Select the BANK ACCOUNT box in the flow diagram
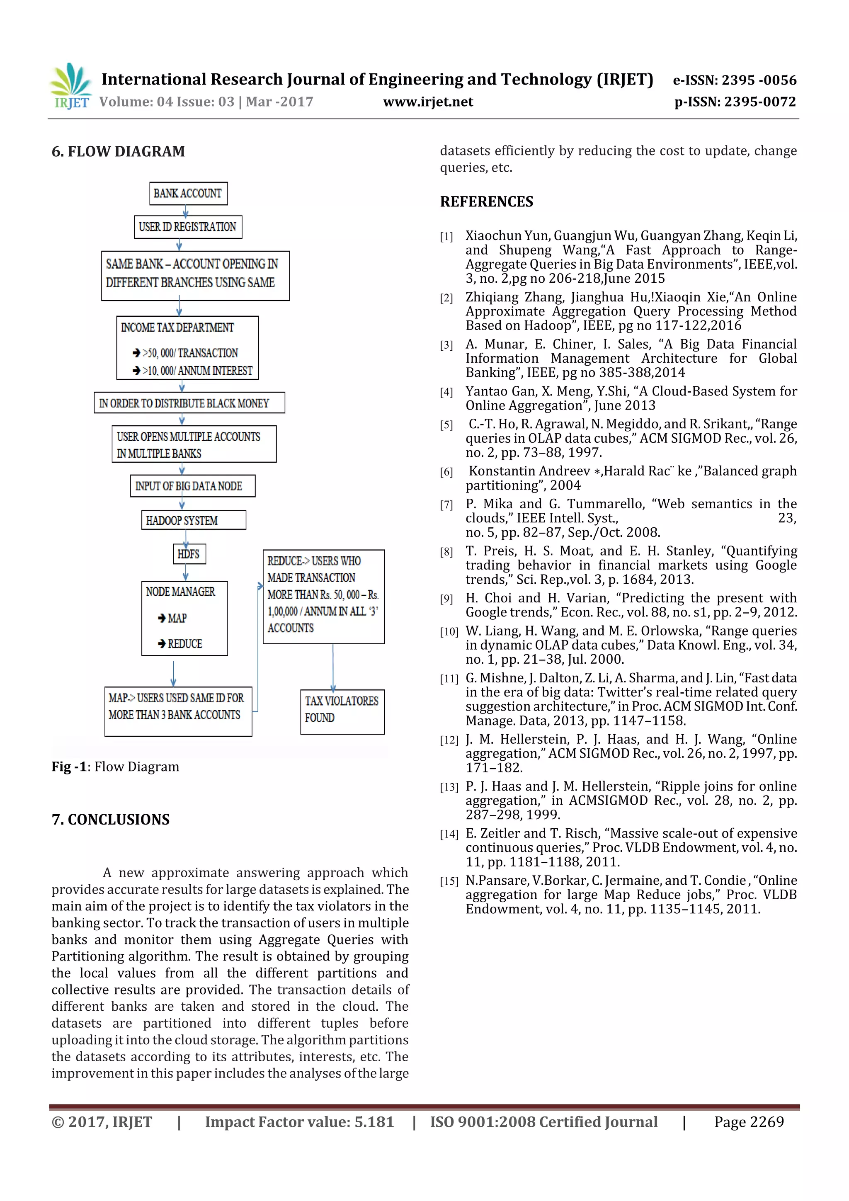(188, 194)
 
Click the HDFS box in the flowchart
(189, 554)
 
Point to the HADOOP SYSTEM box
(193, 520)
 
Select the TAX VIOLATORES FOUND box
(342, 711)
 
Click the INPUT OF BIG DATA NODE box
(192, 486)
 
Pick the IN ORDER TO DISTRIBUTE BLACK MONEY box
(189, 403)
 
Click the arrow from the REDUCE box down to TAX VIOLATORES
(333, 667)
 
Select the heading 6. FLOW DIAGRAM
(118, 152)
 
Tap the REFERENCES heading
(487, 202)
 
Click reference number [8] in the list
(446, 552)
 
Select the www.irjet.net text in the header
(428, 102)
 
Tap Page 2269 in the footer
(749, 1121)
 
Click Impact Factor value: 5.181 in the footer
(299, 1121)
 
